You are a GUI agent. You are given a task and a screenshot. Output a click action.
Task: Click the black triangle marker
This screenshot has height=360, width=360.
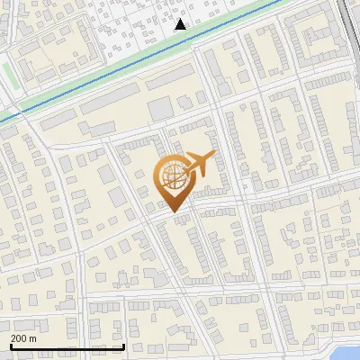[181, 24]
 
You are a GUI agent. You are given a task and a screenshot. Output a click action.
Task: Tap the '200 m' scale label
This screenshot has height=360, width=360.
[24, 338]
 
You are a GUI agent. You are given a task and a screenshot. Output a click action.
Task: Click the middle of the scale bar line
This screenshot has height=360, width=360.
[67, 346]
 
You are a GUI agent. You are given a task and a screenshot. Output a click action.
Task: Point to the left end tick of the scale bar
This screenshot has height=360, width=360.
[11, 346]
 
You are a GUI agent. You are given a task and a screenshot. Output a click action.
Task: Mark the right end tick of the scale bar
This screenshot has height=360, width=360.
[124, 346]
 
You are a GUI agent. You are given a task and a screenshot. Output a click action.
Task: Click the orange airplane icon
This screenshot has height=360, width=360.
[201, 163]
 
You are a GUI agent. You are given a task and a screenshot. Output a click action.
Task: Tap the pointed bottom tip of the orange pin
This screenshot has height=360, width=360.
[171, 210]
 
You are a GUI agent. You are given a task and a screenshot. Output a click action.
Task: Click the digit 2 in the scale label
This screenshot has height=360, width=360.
[14, 338]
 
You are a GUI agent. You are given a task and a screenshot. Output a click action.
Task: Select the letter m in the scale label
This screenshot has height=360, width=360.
[33, 338]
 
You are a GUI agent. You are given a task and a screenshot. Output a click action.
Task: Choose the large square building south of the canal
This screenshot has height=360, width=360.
[160, 109]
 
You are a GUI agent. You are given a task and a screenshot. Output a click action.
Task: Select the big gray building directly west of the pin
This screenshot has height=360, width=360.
[118, 197]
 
